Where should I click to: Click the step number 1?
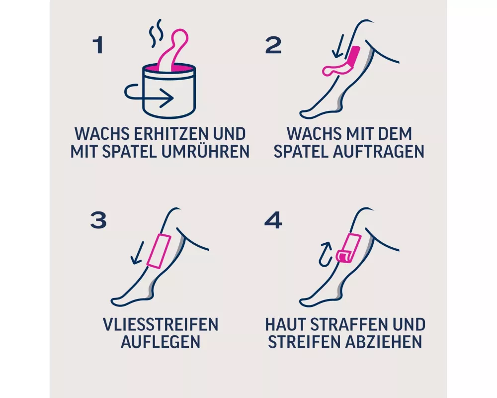click(x=98, y=45)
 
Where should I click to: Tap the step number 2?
click(x=273, y=45)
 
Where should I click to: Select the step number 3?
click(x=98, y=220)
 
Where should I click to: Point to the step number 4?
click(x=273, y=220)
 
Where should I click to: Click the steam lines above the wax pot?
click(x=156, y=33)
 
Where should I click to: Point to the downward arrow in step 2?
click(x=337, y=46)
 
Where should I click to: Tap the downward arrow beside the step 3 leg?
click(x=138, y=253)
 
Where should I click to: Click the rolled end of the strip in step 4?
click(x=343, y=256)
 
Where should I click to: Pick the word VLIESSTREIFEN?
click(x=161, y=324)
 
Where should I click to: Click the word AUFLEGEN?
click(x=161, y=341)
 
